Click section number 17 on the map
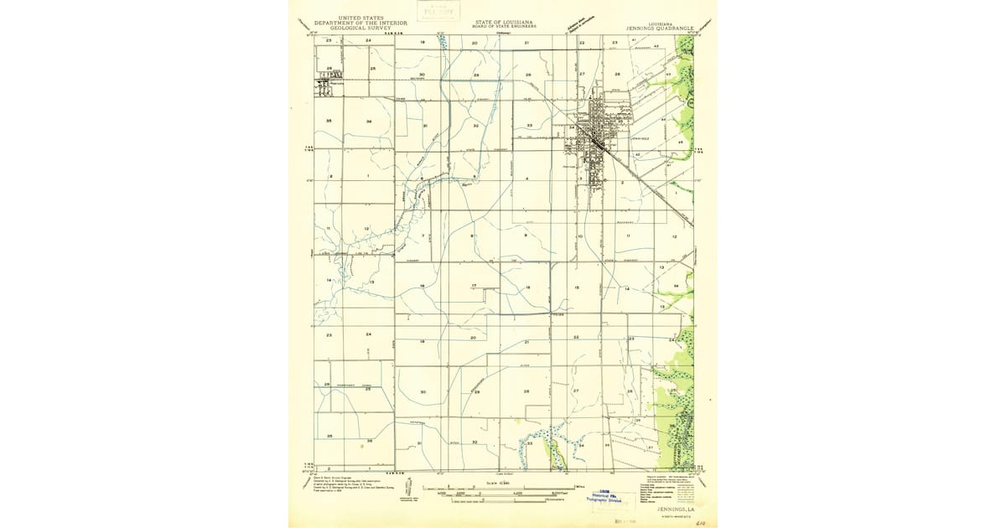474,287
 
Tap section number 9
526,236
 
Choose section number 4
526,179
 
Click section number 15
577,287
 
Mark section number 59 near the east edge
676,287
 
